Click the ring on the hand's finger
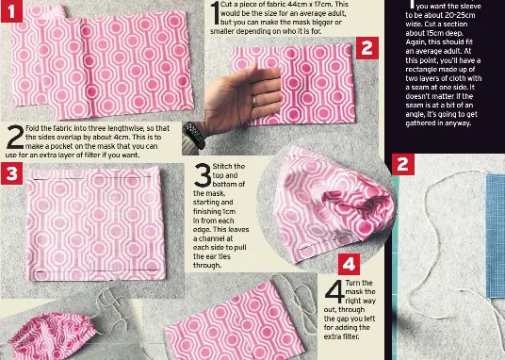click(x=254, y=101)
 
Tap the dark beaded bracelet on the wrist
click(x=194, y=136)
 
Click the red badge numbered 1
click(x=11, y=11)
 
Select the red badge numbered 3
click(x=11, y=173)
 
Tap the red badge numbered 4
click(x=350, y=264)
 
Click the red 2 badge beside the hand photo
click(x=367, y=48)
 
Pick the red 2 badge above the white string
click(x=403, y=164)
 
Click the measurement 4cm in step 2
click(x=123, y=138)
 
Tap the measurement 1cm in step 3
click(x=229, y=212)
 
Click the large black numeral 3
click(x=203, y=175)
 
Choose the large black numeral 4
click(x=334, y=291)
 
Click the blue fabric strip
click(x=496, y=236)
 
